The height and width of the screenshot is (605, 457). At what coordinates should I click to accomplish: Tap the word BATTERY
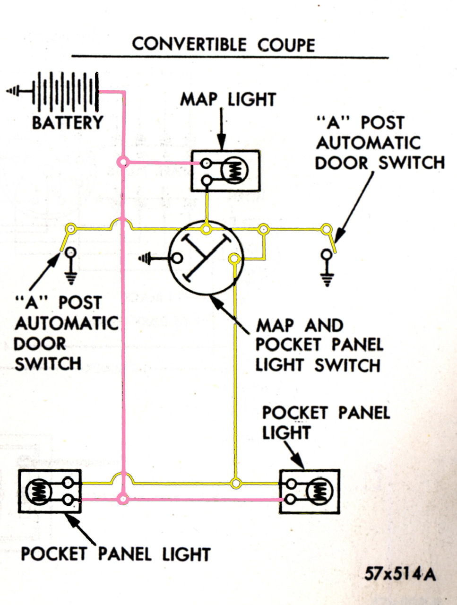[67, 122]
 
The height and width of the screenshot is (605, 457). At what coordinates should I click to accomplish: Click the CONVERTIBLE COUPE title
[223, 44]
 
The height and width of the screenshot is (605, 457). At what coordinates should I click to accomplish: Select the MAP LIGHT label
[228, 99]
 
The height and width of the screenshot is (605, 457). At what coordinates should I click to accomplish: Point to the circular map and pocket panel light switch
[206, 258]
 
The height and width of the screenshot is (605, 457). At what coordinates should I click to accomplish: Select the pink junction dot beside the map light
[123, 163]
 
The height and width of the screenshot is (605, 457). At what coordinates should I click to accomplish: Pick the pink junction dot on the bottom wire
[123, 499]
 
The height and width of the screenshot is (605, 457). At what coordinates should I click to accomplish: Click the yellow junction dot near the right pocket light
[235, 483]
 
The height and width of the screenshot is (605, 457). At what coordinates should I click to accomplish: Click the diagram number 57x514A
[400, 574]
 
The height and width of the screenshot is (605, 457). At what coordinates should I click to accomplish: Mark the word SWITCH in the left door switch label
[48, 364]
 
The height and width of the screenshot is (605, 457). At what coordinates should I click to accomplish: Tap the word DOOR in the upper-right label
[341, 163]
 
